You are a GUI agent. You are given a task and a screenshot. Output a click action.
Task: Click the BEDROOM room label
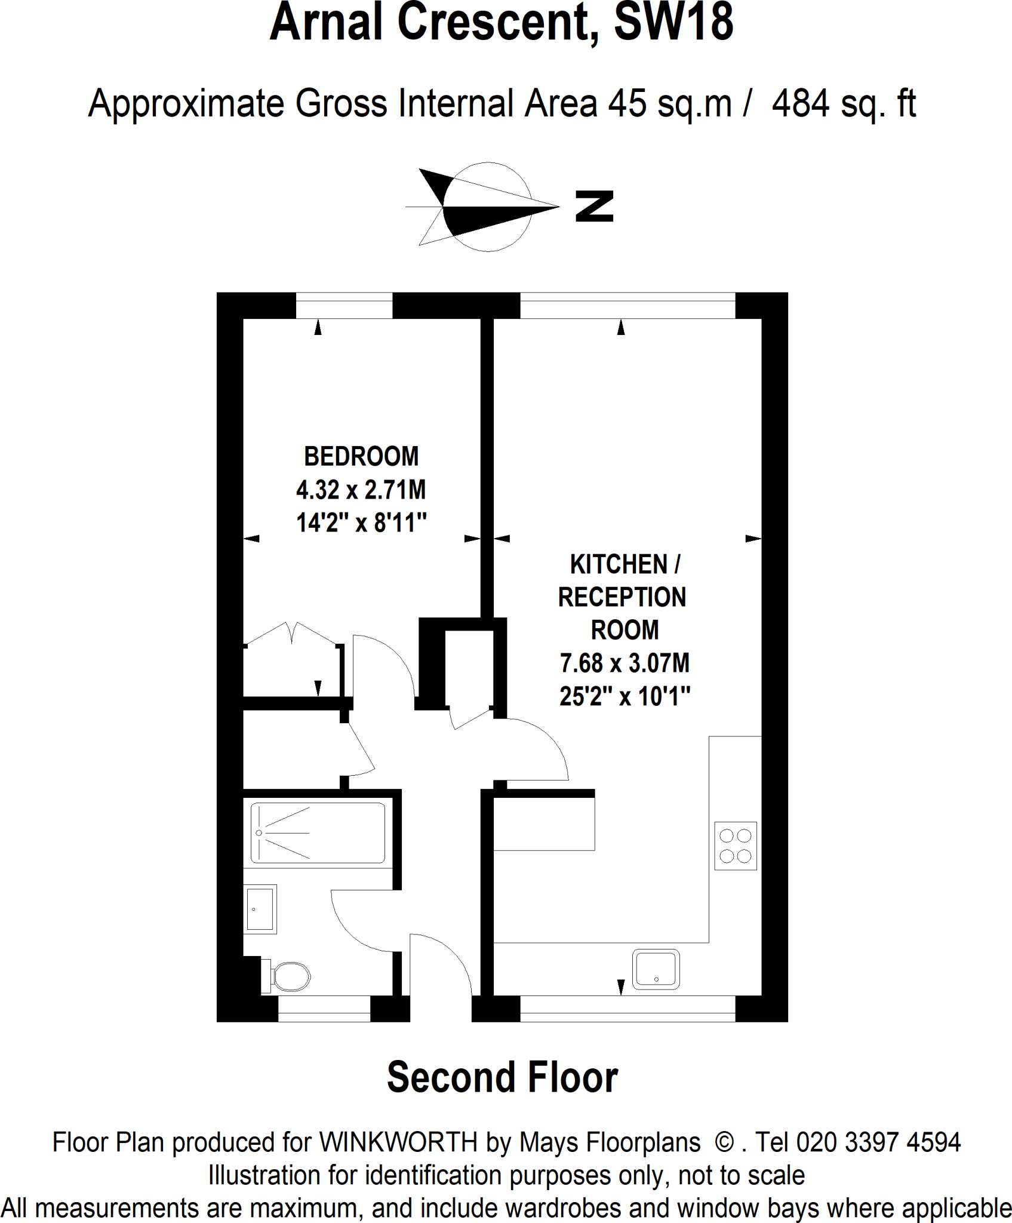361,456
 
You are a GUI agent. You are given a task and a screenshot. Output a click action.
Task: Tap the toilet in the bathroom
290,976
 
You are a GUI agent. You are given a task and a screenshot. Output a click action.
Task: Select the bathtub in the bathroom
318,833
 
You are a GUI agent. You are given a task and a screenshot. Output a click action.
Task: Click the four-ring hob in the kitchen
736,846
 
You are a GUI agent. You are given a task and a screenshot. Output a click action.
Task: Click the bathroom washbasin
260,909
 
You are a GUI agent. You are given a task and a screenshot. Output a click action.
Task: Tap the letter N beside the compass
594,207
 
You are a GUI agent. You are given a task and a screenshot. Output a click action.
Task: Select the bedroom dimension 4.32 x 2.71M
361,490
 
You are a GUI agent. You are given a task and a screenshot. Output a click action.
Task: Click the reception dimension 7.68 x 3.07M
625,663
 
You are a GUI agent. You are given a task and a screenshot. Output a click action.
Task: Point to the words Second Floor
502,1078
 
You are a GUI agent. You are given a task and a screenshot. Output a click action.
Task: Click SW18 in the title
673,23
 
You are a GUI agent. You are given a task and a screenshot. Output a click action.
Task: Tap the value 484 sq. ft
843,103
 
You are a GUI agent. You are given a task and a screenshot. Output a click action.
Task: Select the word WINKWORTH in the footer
398,1142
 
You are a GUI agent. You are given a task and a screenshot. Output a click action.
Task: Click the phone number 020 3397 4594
878,1142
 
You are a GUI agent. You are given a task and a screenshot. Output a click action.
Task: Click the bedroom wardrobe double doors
292,634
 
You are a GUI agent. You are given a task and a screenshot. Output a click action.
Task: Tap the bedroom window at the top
344,305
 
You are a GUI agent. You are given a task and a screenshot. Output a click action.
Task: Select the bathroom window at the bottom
324,1009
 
